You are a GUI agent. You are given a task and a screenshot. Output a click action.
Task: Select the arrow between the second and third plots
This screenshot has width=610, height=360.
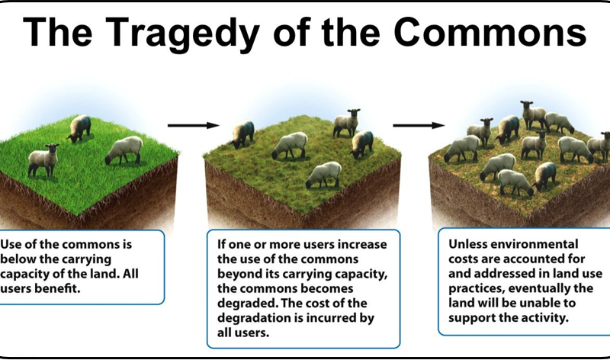click(x=419, y=125)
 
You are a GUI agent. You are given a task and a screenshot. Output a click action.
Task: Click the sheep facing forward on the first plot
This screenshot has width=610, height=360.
click(x=43, y=159)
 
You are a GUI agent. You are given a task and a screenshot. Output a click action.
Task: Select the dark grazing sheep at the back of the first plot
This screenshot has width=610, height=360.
click(x=79, y=128)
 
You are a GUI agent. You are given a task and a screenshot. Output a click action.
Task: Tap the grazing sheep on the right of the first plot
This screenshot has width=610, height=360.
click(x=124, y=149)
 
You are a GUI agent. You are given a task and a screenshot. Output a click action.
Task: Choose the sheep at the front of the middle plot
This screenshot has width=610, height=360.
click(x=324, y=174)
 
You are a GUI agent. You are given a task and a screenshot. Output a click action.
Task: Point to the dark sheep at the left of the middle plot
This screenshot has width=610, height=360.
click(x=242, y=134)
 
